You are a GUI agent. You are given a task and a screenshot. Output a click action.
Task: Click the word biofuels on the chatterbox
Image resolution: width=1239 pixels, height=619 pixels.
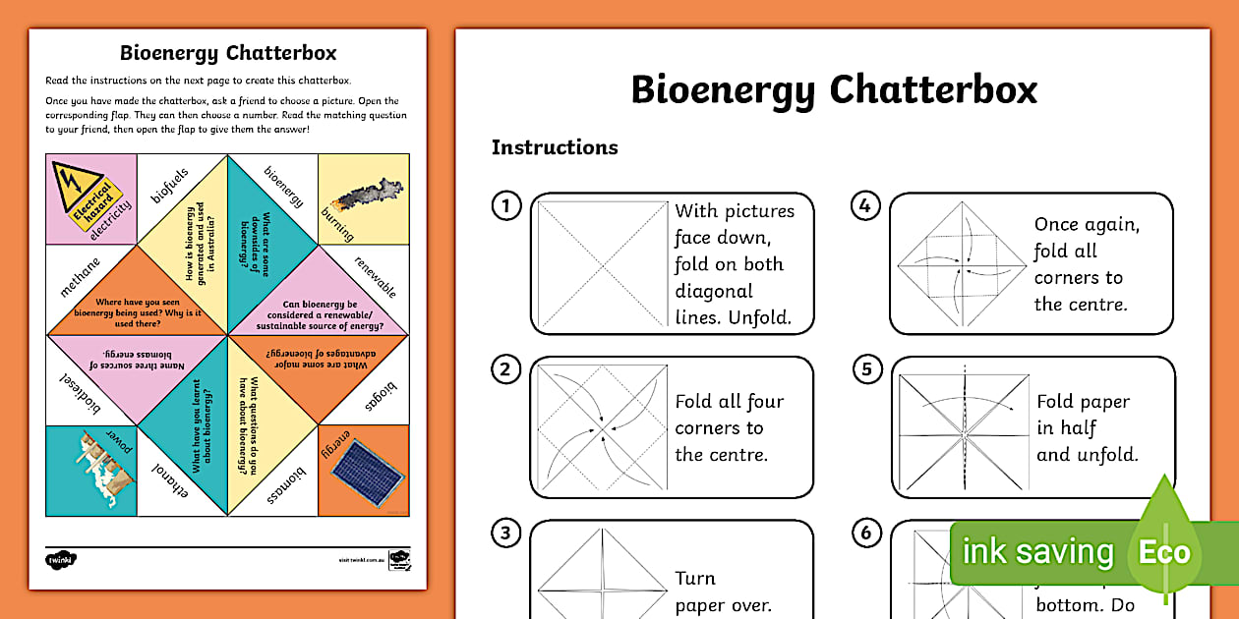tap(169, 186)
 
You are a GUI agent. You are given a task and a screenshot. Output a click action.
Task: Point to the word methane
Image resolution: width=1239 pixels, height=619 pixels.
tap(81, 277)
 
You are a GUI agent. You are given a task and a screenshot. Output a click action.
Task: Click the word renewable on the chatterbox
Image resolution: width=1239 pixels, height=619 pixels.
tap(376, 277)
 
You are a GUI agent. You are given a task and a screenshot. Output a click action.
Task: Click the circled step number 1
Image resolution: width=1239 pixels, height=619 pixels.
tap(505, 206)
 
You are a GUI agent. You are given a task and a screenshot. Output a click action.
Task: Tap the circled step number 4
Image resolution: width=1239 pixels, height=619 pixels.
tap(864, 206)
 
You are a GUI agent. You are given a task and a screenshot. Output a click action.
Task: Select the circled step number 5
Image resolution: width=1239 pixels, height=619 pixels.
tap(865, 370)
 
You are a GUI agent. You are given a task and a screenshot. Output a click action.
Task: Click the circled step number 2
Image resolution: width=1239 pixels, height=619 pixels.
tap(505, 370)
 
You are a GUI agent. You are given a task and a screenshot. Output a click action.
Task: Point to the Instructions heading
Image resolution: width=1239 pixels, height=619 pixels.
tap(555, 147)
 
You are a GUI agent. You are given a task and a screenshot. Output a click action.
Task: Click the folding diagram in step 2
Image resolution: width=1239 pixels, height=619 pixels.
tap(600, 427)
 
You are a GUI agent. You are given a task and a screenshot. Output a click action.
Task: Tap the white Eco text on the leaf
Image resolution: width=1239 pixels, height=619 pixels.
tap(1164, 552)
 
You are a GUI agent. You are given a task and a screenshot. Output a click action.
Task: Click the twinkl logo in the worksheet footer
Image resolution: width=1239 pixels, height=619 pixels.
tap(61, 559)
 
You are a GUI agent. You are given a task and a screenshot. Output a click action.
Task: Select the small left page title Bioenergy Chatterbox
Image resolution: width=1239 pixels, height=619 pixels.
tap(228, 53)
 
